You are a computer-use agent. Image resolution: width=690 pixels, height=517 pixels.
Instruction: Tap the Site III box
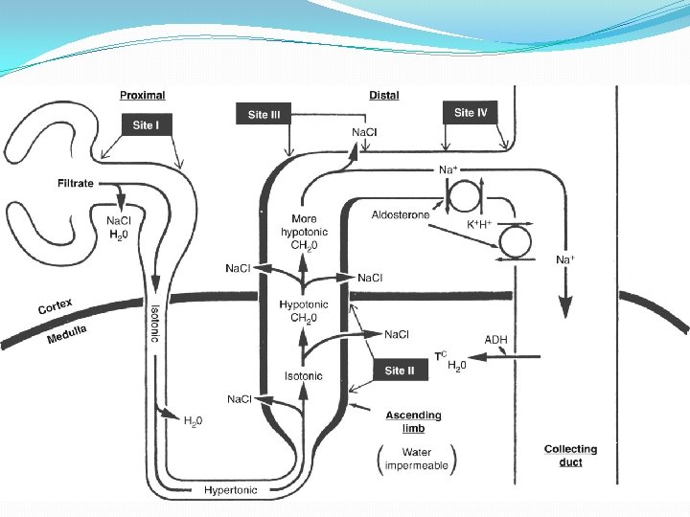[x=264, y=115]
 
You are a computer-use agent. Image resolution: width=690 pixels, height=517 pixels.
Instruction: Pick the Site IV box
[x=471, y=112]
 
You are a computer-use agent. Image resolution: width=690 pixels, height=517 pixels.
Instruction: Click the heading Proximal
[x=143, y=95]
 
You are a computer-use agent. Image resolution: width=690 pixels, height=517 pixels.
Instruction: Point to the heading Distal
[x=383, y=95]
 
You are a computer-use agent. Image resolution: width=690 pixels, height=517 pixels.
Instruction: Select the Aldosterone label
[x=401, y=216]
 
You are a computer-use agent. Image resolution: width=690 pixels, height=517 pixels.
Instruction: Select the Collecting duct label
[x=570, y=455]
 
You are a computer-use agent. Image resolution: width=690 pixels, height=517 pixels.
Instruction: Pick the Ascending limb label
[x=413, y=421]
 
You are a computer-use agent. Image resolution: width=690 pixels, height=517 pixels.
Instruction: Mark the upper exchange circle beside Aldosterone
[x=465, y=198]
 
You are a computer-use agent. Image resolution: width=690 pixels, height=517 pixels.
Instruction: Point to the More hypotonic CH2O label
[x=305, y=233]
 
